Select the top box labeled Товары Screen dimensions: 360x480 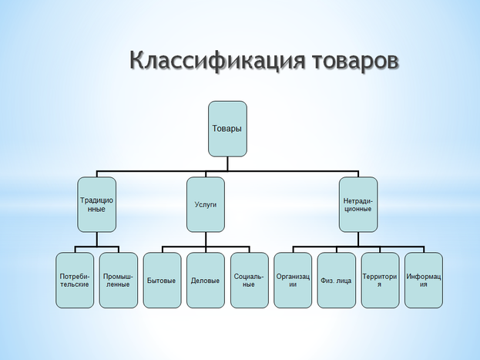point(227,128)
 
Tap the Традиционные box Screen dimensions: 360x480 point(97,204)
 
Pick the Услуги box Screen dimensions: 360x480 point(206,204)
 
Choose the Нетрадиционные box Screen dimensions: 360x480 point(357,204)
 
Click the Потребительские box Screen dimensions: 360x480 point(75,280)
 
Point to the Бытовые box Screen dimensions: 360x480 point(162,280)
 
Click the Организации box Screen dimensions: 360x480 point(293,280)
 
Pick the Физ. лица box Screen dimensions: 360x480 point(336,280)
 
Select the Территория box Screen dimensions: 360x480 point(380,280)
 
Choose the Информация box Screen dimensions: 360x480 point(424,280)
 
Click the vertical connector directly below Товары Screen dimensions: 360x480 point(228,162)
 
